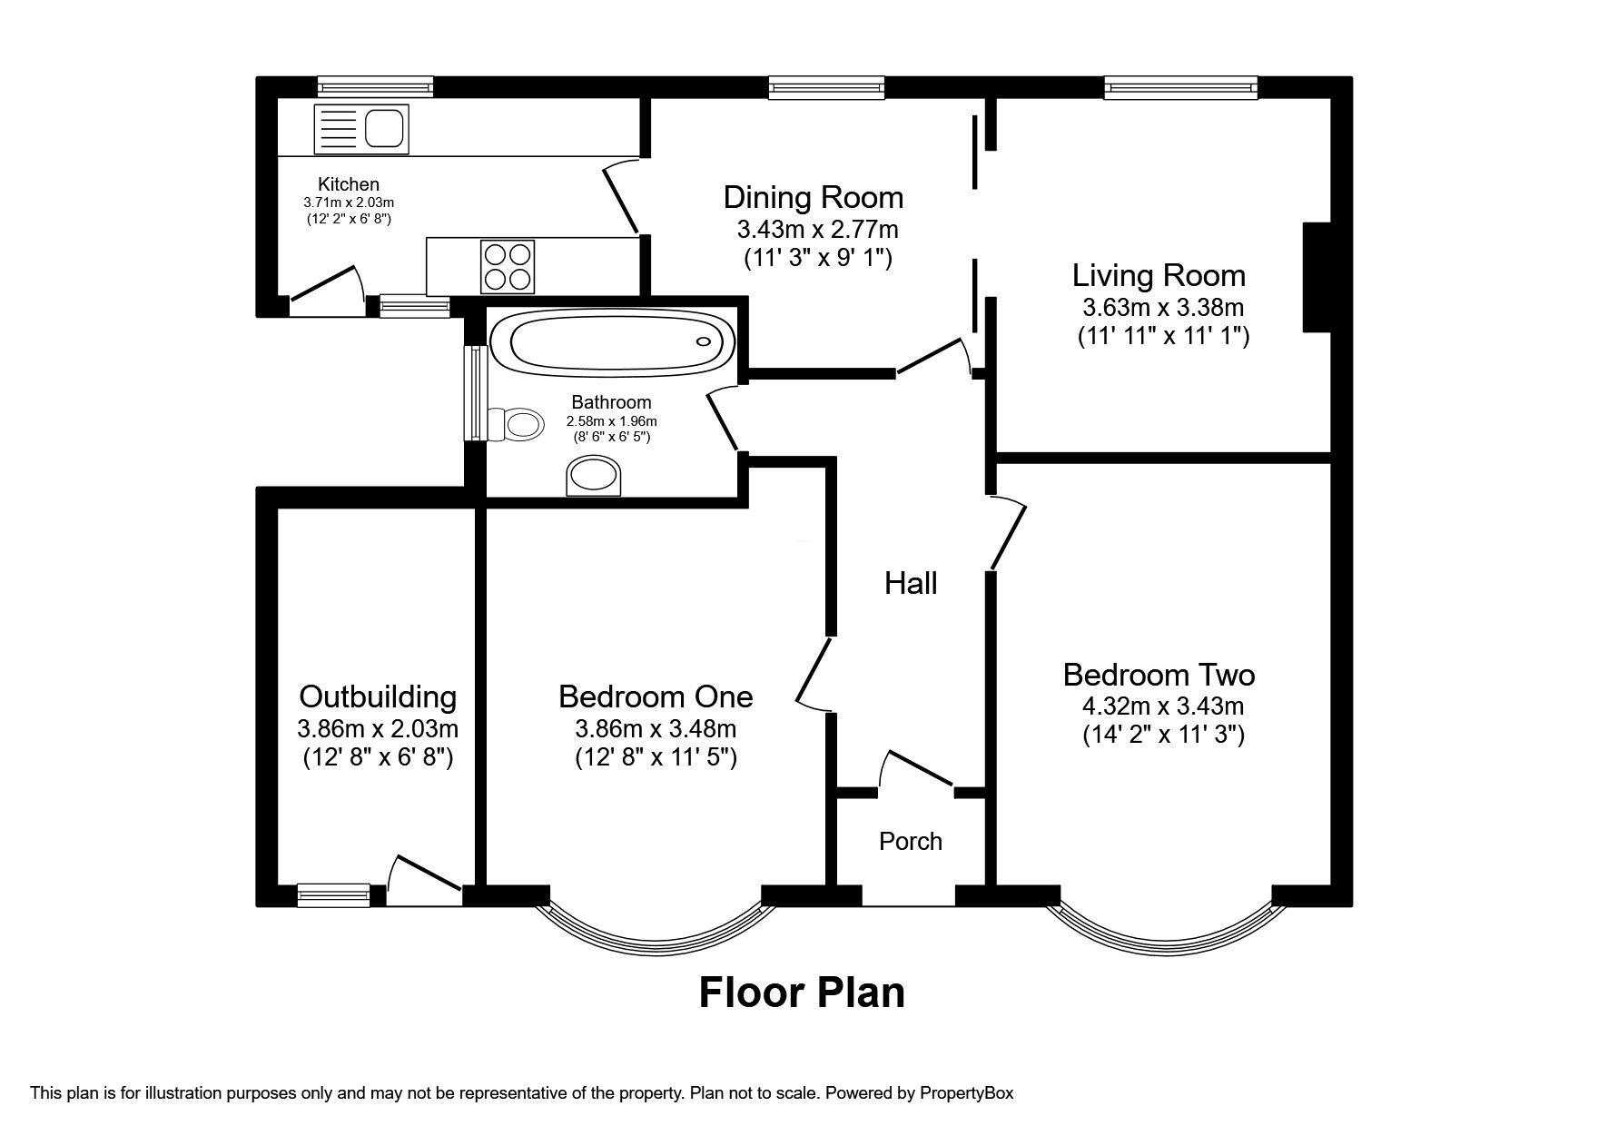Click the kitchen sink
(x=361, y=128)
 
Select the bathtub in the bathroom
(x=612, y=341)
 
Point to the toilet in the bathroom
(x=515, y=424)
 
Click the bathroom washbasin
(x=594, y=476)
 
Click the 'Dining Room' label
(x=814, y=197)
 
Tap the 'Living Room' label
(x=1159, y=275)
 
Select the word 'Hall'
(x=911, y=583)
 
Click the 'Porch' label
(x=911, y=841)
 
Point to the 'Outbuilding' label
(x=378, y=696)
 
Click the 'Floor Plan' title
(x=802, y=993)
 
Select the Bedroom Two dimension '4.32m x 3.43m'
(x=1163, y=706)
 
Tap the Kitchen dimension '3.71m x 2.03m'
(x=349, y=202)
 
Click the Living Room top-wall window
(x=1181, y=87)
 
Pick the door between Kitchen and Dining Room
(x=623, y=195)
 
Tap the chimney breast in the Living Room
(x=1317, y=277)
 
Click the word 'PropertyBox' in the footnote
(x=965, y=1093)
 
